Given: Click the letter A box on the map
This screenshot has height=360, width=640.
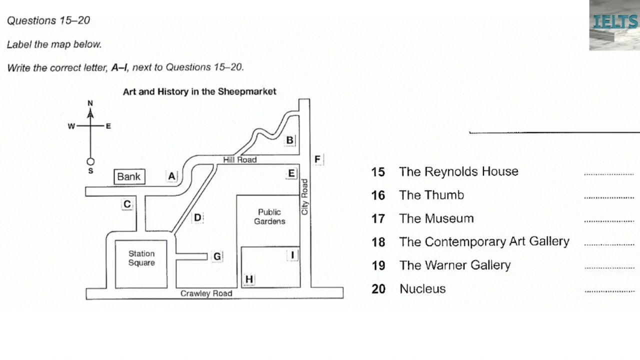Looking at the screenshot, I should (x=172, y=176).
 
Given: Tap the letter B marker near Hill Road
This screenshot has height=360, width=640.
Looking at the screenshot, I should (x=289, y=140).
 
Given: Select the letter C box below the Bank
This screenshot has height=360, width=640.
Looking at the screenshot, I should (x=127, y=204).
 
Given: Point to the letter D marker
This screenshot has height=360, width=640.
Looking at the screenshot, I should (x=197, y=217).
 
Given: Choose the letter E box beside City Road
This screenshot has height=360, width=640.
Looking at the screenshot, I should (x=291, y=173).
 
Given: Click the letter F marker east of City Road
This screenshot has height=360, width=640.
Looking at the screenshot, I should (x=317, y=159).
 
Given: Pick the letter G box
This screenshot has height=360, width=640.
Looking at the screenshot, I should (x=217, y=256).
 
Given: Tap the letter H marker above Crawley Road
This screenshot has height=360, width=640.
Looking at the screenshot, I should (x=249, y=279).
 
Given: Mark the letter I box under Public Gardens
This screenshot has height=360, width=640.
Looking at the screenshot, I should (x=292, y=255).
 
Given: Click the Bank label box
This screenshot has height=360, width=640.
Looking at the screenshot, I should (x=129, y=176).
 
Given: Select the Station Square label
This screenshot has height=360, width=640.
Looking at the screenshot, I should (x=141, y=258).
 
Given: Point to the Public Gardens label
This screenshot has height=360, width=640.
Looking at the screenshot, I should (x=269, y=216).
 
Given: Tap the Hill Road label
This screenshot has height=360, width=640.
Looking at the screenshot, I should (x=239, y=159).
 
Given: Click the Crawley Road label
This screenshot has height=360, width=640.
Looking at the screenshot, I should (x=206, y=293).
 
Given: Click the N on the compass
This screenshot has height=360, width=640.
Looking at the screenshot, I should (x=90, y=103).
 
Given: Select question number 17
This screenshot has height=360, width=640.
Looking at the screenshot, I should (x=378, y=218).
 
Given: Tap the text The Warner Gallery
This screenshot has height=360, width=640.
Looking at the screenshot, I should (x=454, y=265).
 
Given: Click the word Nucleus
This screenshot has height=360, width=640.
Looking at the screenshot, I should (x=422, y=288).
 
